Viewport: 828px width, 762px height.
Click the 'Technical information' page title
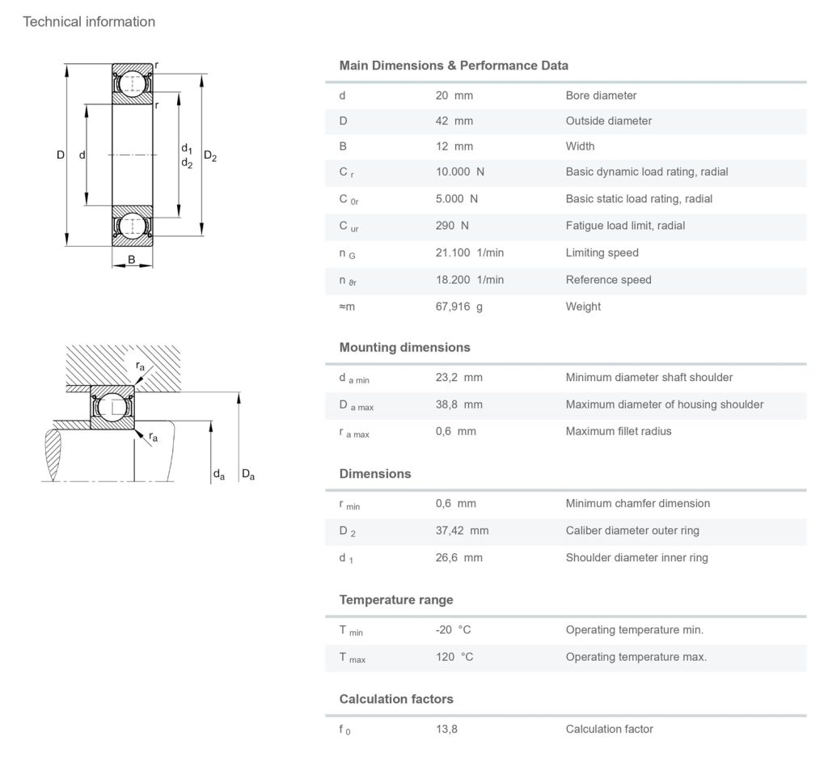coord(89,22)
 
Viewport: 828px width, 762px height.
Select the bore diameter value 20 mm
coord(454,95)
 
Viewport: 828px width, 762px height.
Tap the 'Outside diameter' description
coord(608,121)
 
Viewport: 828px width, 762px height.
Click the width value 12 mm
coord(454,146)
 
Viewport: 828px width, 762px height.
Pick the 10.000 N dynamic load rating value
coord(459,172)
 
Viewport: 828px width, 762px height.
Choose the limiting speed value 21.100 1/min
coord(469,252)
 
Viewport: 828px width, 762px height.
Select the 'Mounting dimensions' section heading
coord(404,347)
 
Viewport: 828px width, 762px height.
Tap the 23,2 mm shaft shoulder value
coord(458,377)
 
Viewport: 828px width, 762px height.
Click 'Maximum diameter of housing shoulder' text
coord(664,404)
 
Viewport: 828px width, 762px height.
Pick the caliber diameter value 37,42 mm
coord(462,531)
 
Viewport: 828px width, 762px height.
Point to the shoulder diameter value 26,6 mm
coord(458,557)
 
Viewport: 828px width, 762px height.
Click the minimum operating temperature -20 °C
coord(453,629)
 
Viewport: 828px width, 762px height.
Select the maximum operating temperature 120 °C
coord(454,657)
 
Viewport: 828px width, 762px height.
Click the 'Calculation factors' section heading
coord(396,699)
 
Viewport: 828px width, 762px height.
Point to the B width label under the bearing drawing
coord(131,260)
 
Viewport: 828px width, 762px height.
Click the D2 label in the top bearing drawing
coord(210,156)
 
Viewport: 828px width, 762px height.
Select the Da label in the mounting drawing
coord(247,476)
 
